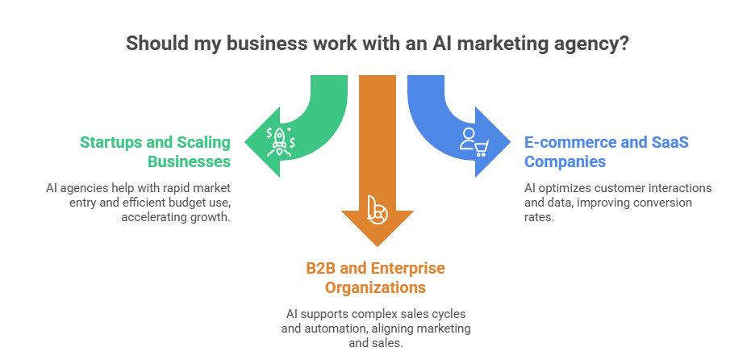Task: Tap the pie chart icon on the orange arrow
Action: click(x=376, y=209)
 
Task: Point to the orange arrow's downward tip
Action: click(x=377, y=244)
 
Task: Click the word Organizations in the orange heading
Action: click(x=376, y=287)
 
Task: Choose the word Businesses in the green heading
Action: click(x=189, y=161)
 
